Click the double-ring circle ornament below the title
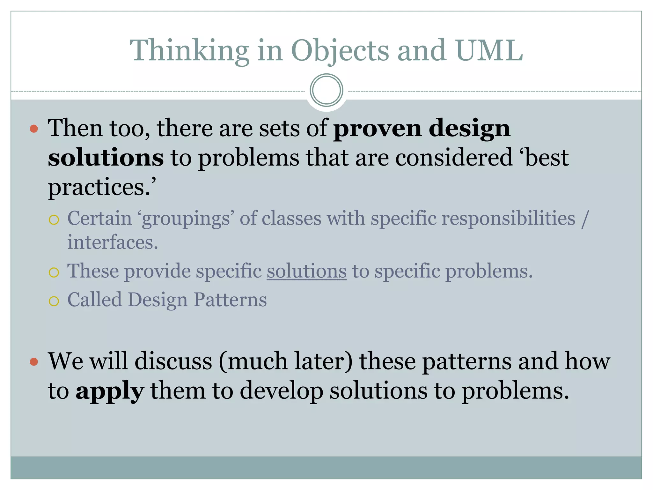(x=326, y=90)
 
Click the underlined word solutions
(x=306, y=271)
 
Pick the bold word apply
(x=109, y=391)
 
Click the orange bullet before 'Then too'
(x=34, y=129)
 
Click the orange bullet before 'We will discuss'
(x=34, y=362)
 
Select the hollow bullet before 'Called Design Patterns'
(x=54, y=301)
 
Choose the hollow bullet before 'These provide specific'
(x=54, y=272)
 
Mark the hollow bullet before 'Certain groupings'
(x=54, y=220)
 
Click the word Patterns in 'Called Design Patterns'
(x=230, y=300)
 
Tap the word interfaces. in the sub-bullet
(x=113, y=242)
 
